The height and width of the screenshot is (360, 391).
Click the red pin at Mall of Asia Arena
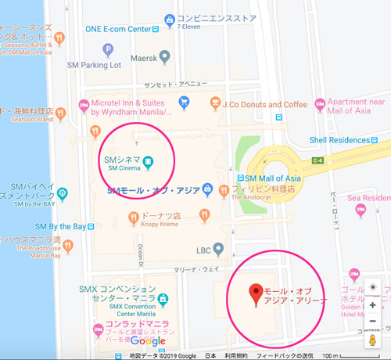click(x=253, y=294)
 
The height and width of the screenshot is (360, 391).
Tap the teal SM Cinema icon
click(x=148, y=162)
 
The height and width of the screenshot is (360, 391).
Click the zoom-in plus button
click(x=372, y=305)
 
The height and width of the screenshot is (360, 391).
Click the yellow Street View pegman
click(x=372, y=341)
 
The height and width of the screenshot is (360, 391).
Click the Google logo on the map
click(x=148, y=340)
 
